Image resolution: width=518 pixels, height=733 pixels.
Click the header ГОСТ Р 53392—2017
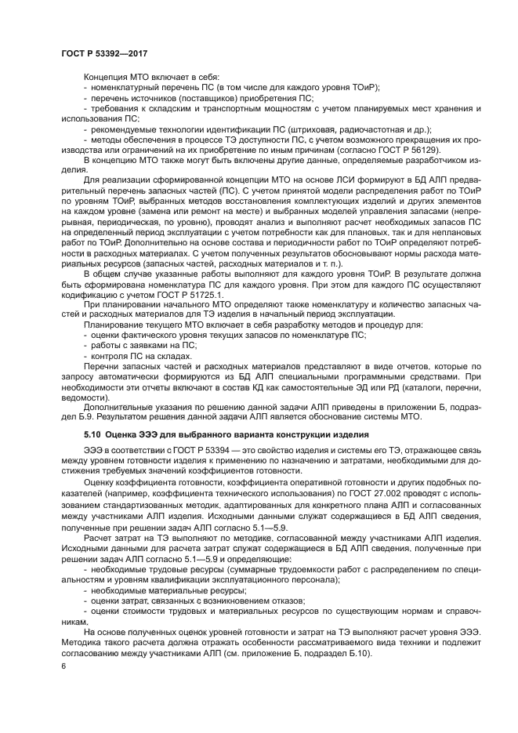pos(104,52)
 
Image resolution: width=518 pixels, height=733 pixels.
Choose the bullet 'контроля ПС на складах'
pos(130,354)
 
